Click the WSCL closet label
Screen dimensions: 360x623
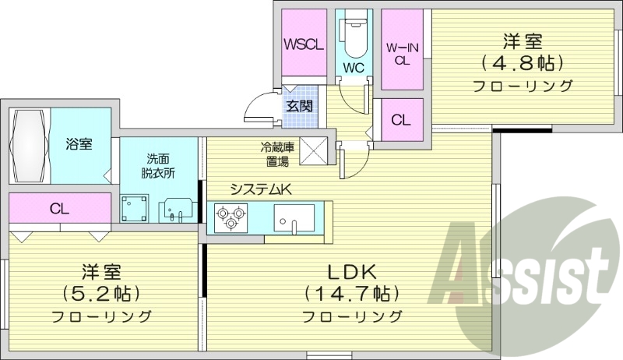304,44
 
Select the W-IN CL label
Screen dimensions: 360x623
402,53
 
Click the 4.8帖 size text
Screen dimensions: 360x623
523,62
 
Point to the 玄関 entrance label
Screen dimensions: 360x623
298,106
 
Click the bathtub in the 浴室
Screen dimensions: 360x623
30,146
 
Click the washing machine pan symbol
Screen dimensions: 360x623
136,206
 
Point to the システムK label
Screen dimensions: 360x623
259,188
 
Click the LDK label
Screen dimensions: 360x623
352,272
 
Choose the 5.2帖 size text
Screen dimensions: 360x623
101,294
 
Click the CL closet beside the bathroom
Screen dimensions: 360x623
59,208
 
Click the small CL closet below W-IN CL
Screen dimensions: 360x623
401,121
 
